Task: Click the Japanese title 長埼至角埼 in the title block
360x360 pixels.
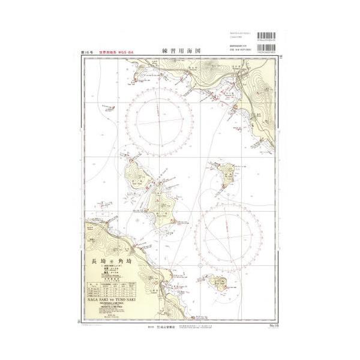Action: [x=109, y=262]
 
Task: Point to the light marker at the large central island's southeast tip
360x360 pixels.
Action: [x=173, y=223]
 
